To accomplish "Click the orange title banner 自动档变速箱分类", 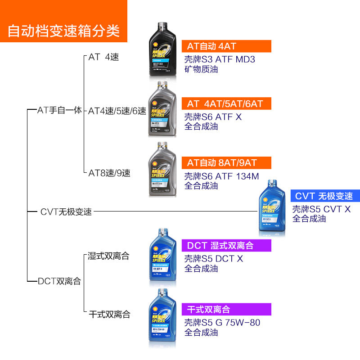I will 63,30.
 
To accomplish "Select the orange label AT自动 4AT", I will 226,46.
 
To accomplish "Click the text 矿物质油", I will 201,69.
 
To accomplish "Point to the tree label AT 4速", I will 103,57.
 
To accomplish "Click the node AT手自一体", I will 59,110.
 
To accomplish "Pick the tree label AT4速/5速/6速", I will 117,111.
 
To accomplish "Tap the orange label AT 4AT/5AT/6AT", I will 226,103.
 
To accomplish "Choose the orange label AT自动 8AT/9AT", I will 226,162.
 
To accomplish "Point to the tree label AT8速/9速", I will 109,173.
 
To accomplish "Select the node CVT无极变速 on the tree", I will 66,211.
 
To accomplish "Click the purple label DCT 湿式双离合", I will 226,246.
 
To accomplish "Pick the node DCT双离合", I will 59,281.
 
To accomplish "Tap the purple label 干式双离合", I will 226,309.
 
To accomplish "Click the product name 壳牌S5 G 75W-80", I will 222,323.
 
